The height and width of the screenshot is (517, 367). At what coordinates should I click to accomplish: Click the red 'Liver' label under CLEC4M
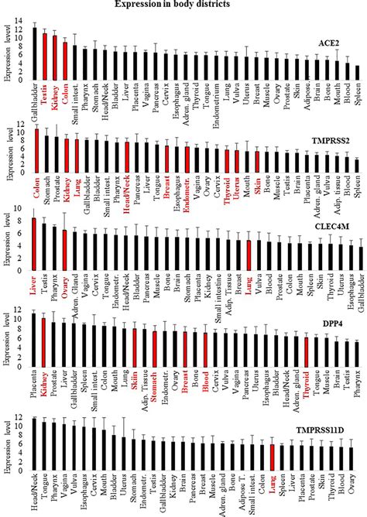click(x=34, y=291)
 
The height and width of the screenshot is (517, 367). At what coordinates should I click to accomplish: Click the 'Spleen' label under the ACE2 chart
click(x=357, y=94)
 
